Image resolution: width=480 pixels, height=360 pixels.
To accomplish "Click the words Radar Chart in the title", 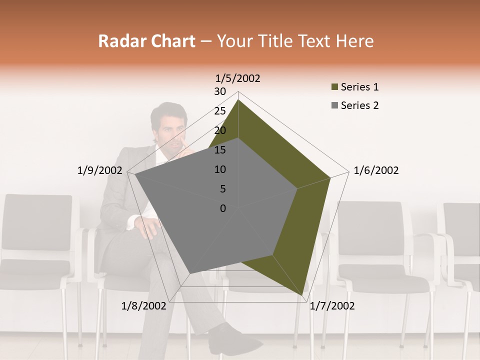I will tap(146, 41).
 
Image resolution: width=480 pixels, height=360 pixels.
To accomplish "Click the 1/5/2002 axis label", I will tap(237, 78).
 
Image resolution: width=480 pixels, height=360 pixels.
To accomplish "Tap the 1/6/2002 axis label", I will tap(376, 170).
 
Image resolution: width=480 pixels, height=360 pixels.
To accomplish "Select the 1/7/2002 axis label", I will tap(332, 306).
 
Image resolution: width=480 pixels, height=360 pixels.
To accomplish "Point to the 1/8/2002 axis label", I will tap(144, 306).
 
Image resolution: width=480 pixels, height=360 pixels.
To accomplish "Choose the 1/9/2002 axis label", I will tap(100, 170).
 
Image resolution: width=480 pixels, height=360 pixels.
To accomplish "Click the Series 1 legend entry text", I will tap(359, 87).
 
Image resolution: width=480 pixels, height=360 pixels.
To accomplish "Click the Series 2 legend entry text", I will tap(359, 105).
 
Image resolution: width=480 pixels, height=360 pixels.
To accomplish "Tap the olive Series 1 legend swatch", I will tap(335, 87).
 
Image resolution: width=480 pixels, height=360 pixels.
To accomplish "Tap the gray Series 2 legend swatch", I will tap(335, 105).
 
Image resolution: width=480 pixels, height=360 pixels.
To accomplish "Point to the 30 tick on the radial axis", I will tap(220, 91).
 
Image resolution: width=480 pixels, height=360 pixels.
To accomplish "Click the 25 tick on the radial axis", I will tap(220, 111).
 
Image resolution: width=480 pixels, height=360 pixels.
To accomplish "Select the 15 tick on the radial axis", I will tap(220, 150).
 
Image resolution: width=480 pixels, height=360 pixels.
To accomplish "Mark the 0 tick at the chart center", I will tap(223, 208).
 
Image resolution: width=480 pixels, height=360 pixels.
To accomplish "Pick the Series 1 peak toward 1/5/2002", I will tap(238, 100).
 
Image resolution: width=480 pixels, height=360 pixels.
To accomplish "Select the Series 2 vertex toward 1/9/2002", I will tap(135, 174).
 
